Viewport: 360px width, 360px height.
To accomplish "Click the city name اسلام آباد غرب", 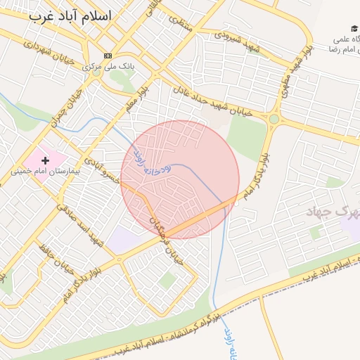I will pyautogui.click(x=72, y=17).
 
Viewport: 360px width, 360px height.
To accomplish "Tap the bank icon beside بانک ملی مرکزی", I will pyautogui.click(x=107, y=56).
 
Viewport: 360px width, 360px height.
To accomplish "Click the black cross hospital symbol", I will pyautogui.click(x=46, y=161).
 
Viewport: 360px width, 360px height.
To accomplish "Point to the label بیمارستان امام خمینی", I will pyautogui.click(x=46, y=171).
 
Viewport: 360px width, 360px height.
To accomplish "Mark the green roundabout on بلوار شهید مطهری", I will pyautogui.click(x=273, y=120).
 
